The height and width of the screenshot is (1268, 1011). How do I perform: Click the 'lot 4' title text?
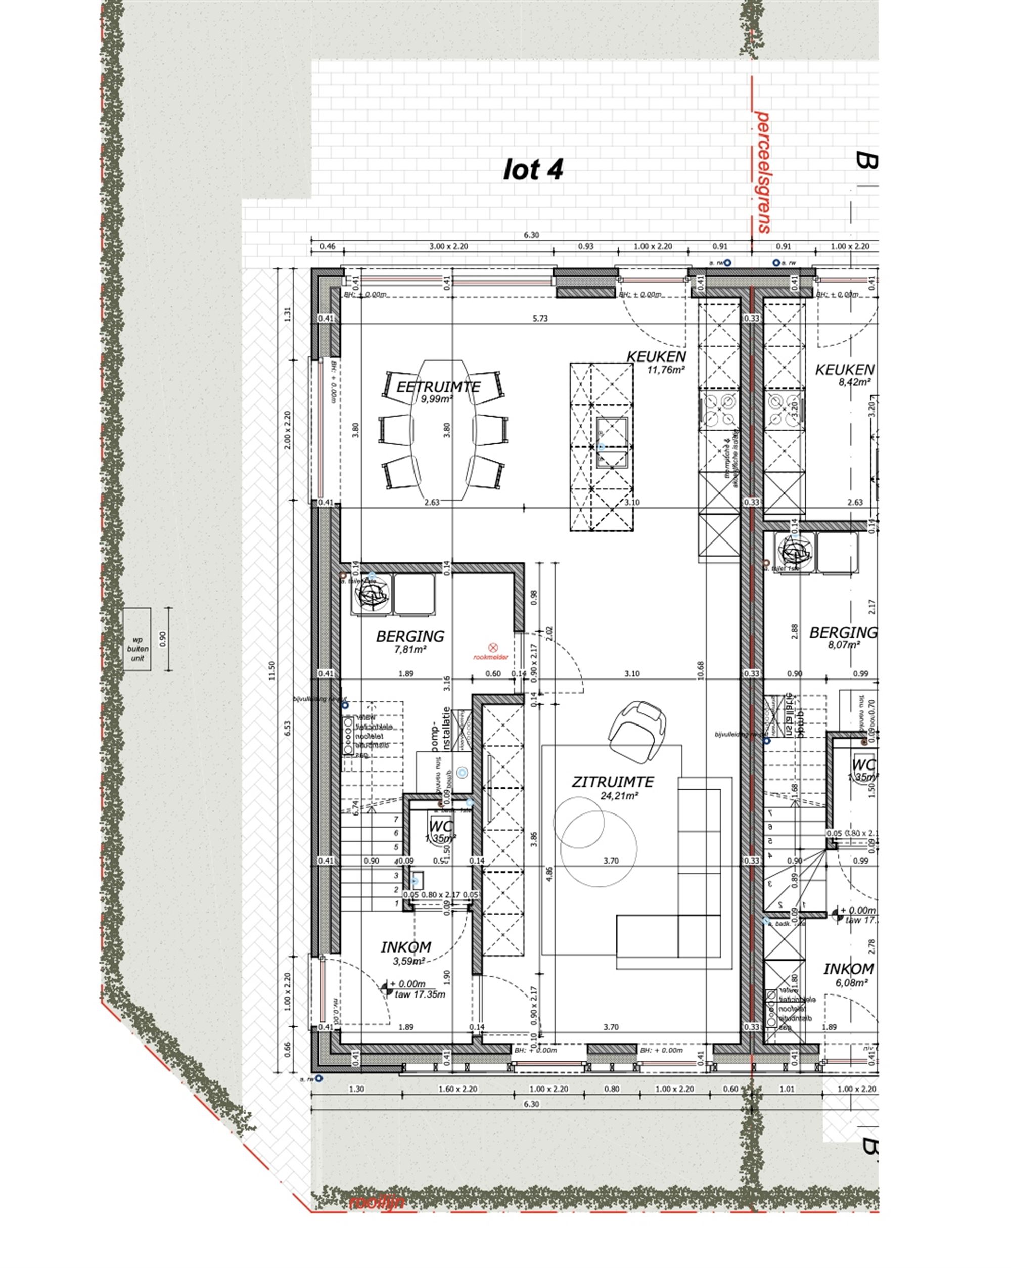pos(533,169)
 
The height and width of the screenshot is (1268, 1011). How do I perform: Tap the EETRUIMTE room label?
pos(438,387)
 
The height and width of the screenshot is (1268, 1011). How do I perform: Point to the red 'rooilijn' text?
pos(377,1202)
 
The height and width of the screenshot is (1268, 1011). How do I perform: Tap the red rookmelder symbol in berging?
pos(493,647)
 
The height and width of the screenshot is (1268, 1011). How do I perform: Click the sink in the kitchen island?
pos(612,442)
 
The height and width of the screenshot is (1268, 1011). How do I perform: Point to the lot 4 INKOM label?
pos(406,947)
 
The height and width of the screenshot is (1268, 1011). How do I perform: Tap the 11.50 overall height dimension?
pos(272,669)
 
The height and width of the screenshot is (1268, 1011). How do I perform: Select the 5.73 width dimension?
pos(539,318)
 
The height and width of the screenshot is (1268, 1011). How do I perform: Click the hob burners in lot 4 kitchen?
pos(719,410)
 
